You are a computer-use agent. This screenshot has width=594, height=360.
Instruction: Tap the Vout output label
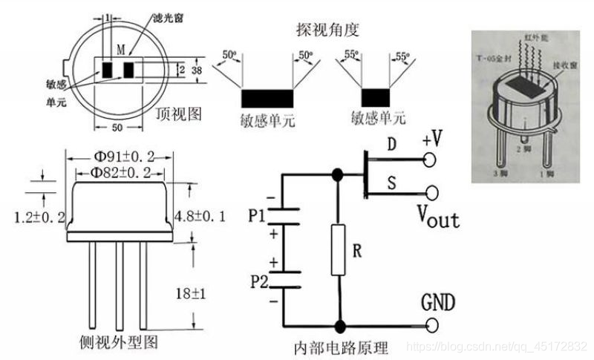pos(437,217)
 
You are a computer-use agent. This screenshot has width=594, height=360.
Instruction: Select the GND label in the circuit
pos(438,303)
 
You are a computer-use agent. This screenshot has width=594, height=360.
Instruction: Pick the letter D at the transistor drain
pos(392,143)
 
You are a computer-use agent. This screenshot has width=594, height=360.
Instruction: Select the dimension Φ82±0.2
pos(120,172)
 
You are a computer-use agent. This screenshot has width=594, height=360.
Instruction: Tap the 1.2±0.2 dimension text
pos(39,216)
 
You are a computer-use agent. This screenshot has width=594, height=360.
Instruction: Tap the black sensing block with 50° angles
pos(266,98)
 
